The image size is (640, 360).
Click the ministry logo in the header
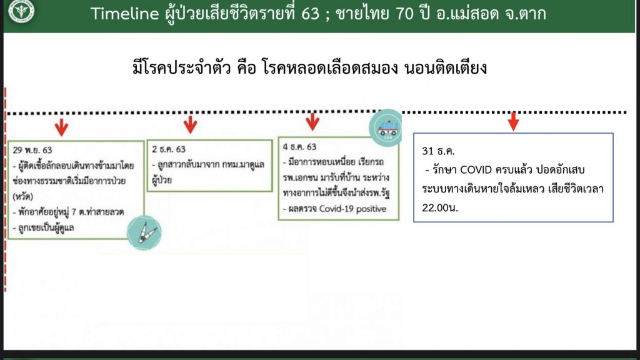[21, 10]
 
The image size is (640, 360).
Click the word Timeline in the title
[124, 14]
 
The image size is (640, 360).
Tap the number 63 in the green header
[310, 14]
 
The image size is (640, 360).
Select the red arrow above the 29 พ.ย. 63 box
[62, 127]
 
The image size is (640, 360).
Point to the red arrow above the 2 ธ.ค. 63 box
[190, 124]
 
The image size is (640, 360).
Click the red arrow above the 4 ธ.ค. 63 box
[312, 122]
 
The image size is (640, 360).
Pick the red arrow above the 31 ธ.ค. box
[514, 121]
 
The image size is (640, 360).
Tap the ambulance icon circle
[386, 127]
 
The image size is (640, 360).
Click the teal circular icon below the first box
[144, 232]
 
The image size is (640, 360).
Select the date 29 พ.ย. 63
[32, 150]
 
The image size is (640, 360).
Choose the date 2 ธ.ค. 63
[169, 149]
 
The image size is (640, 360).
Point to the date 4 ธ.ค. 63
[299, 146]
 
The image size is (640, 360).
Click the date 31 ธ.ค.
[438, 151]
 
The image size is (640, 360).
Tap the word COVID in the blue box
[476, 170]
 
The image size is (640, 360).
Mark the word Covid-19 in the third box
[332, 209]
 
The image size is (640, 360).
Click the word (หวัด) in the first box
[23, 196]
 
